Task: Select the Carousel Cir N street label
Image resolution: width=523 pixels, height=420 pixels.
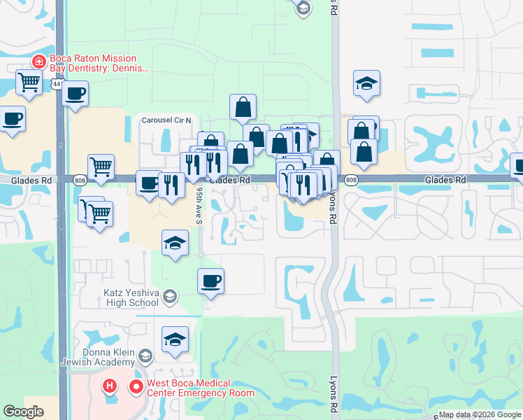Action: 171,119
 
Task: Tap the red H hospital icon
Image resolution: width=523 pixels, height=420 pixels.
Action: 109,385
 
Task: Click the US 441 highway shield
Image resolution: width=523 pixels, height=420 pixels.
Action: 57,84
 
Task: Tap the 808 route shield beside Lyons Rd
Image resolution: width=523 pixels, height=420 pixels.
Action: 351,181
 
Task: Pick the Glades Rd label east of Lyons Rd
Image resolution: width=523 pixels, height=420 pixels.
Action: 445,180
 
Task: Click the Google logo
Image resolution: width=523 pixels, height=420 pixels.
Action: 23,412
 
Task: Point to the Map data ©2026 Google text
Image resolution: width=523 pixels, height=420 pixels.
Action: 480,414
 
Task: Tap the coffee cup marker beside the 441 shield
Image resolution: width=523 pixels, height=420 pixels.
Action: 76,94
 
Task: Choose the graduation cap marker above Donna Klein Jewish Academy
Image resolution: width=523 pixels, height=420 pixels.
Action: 175,340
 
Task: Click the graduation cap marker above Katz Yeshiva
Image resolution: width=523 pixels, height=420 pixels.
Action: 175,244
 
